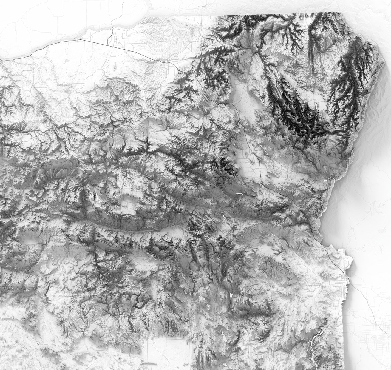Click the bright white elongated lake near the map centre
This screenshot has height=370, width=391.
(x=239, y=193)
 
